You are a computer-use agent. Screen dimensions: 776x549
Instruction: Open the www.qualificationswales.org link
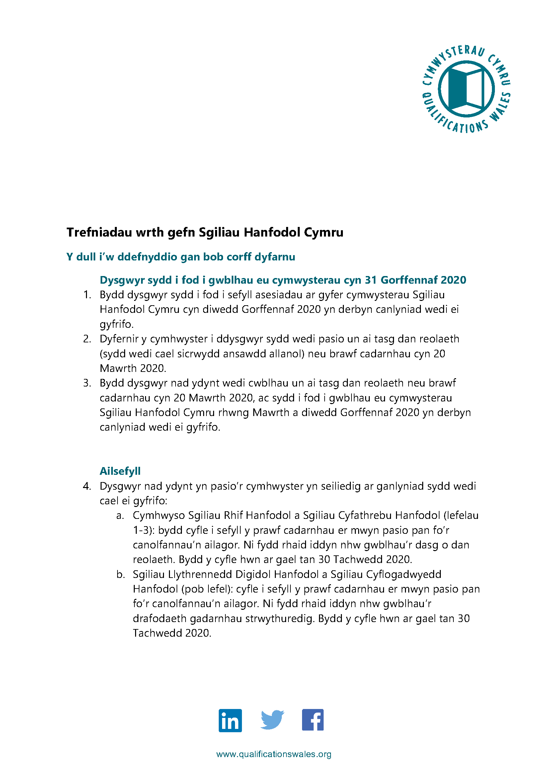274,754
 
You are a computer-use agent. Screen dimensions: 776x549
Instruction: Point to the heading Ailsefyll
120,471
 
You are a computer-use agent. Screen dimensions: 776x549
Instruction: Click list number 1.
87,295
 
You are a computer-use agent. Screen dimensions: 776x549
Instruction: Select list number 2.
87,339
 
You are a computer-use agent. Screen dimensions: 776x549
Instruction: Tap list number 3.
87,383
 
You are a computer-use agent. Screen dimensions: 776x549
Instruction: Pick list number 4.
87,486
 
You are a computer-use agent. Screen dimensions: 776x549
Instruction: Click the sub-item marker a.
120,516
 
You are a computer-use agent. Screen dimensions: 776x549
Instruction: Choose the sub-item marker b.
120,574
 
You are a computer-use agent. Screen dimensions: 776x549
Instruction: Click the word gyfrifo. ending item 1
117,324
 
